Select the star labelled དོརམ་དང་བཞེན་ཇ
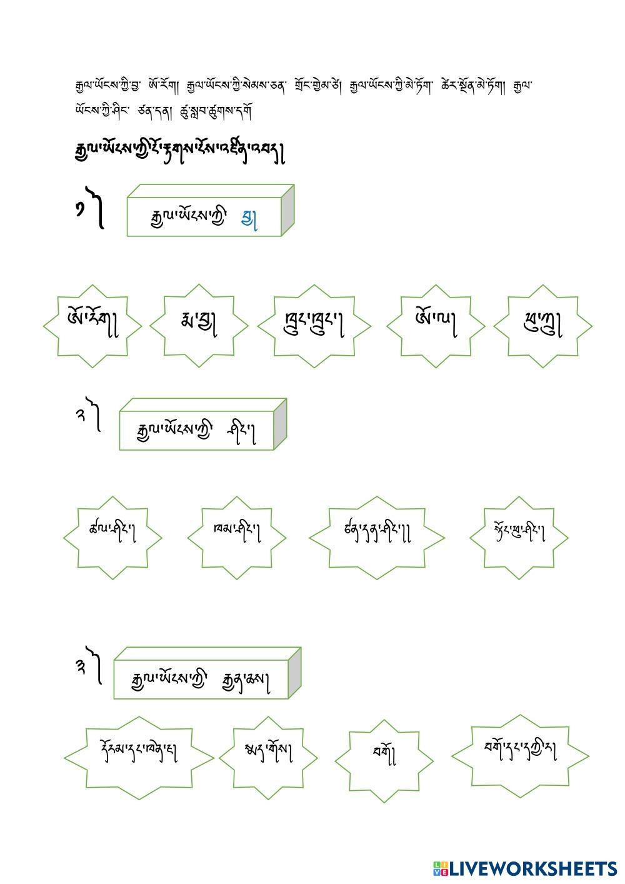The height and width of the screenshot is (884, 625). [139, 756]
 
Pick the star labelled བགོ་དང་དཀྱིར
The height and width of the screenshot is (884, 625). [520, 755]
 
